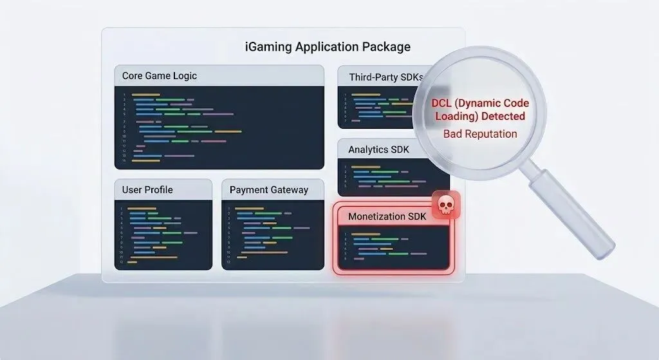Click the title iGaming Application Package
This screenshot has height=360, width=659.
pos(328,47)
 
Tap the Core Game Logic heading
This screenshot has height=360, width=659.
pos(160,76)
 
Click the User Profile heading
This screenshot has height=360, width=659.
pos(147,190)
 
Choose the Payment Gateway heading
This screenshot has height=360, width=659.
pos(269,190)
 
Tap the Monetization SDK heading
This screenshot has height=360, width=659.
pos(387,216)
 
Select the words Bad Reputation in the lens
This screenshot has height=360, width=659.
pos(480,134)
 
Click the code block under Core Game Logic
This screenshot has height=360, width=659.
pos(219,128)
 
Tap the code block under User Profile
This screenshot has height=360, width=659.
pos(163,234)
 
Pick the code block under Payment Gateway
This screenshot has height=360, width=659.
pos(272,234)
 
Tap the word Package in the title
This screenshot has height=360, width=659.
pos(388,47)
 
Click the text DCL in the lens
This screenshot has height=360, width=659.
pos(443,103)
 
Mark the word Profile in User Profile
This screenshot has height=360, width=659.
pos(158,190)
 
